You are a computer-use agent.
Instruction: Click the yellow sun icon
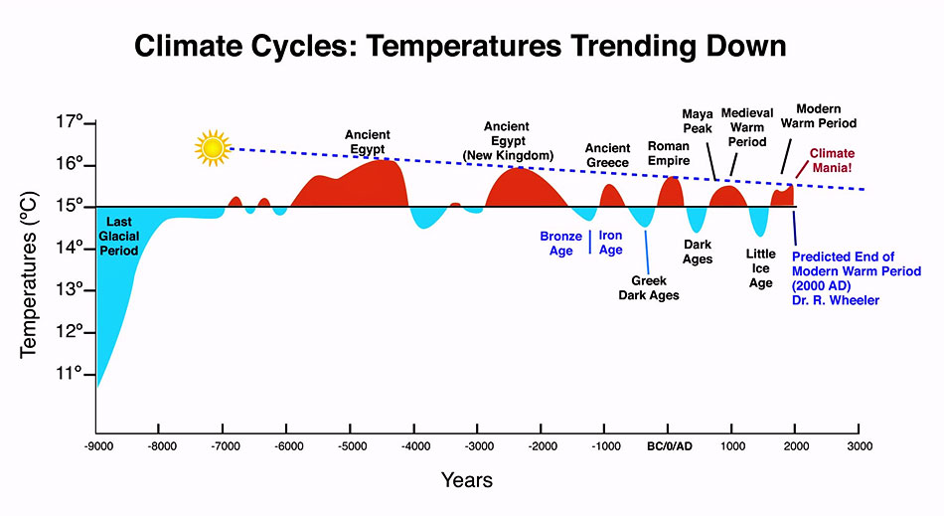[212, 148]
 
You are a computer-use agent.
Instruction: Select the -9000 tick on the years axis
[96, 445]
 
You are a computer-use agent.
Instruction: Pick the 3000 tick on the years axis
[860, 445]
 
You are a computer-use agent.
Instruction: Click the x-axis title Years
[467, 480]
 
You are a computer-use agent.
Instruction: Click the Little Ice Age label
[760, 268]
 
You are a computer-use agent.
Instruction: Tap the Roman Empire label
[669, 153]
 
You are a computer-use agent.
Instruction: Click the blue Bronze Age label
[561, 244]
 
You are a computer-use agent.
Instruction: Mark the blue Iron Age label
[610, 244]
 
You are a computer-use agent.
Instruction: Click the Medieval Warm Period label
[747, 127]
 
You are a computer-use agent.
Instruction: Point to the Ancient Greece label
[607, 155]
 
